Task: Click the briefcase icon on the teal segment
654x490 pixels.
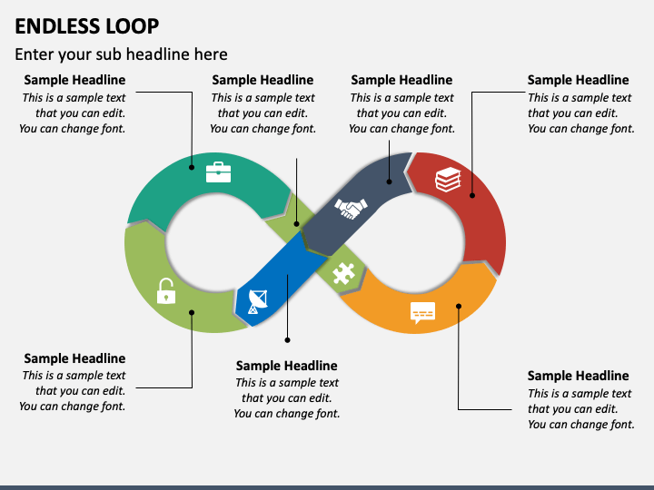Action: (219, 172)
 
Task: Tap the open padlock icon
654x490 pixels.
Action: (166, 291)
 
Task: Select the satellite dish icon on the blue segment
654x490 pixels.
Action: (258, 301)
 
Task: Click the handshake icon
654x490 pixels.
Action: (352, 208)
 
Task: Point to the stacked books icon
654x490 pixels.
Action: (448, 180)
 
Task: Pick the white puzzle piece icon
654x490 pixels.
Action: (343, 274)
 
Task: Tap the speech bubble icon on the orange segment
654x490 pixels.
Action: (422, 312)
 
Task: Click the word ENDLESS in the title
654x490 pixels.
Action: (58, 26)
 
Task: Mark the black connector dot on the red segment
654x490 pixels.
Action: (472, 195)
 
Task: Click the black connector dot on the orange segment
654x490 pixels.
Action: (459, 307)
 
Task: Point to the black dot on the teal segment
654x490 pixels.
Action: (192, 168)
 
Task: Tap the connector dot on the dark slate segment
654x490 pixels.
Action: (389, 181)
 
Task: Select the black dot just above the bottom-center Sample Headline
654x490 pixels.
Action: (287, 340)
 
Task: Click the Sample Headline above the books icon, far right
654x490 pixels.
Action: (578, 80)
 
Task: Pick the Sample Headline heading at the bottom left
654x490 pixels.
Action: (74, 358)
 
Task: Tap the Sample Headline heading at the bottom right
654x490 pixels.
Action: (578, 376)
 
